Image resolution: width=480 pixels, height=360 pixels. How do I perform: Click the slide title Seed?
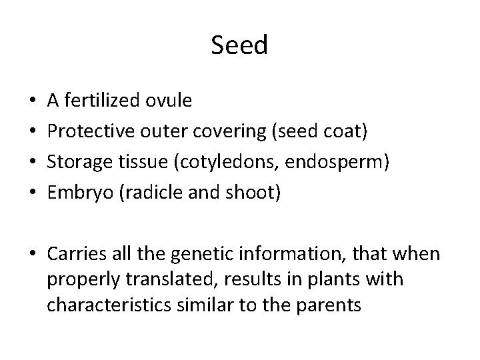(239, 45)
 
